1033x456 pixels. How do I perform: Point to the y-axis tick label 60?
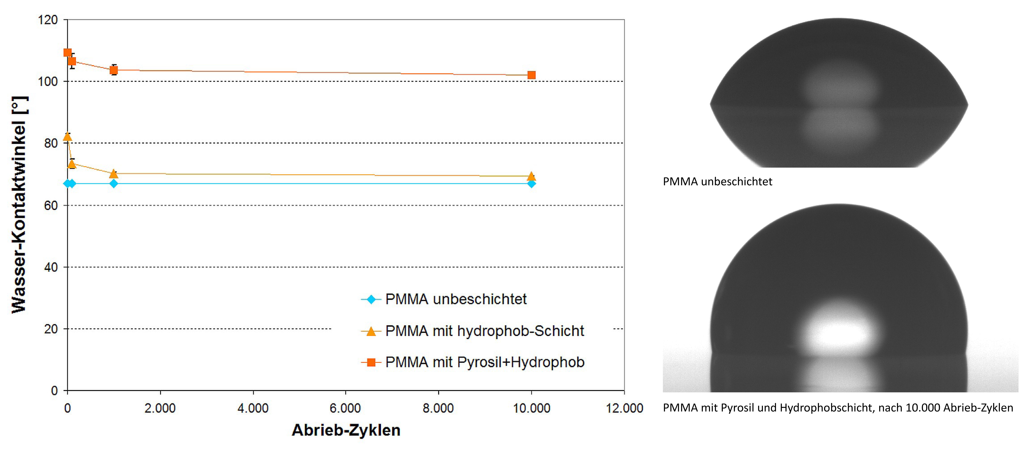click(51, 206)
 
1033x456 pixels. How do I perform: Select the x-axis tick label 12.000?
click(624, 408)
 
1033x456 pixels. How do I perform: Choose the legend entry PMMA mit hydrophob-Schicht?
click(484, 331)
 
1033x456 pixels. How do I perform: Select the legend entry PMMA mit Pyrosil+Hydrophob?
click(484, 362)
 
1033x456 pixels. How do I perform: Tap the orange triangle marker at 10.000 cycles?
click(531, 176)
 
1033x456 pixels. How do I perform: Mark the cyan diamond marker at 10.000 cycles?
click(531, 183)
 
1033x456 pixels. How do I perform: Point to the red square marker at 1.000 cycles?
click(114, 70)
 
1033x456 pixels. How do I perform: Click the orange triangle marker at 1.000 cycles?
click(114, 174)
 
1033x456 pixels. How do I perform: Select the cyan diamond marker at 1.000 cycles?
click(114, 183)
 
